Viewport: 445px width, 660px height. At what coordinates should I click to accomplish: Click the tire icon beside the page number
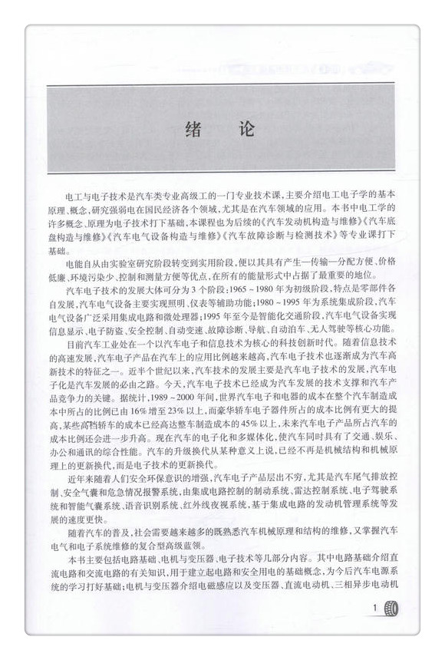pos(393,610)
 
